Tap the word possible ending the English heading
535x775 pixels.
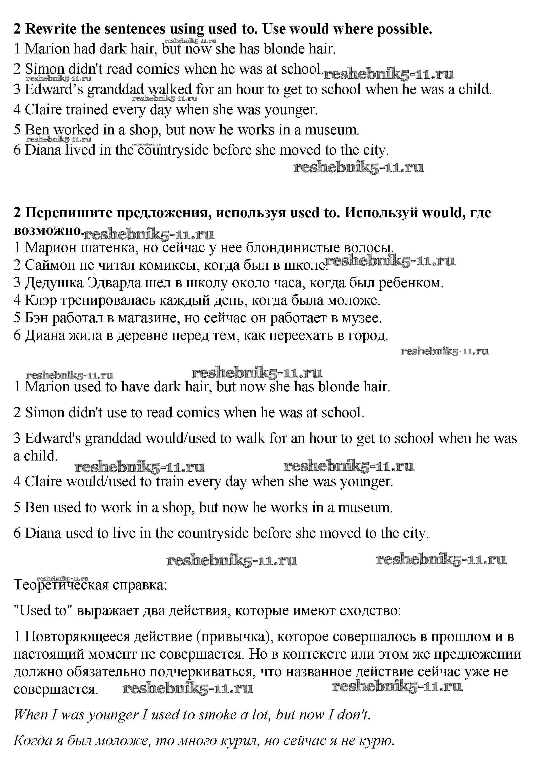click(x=405, y=29)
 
